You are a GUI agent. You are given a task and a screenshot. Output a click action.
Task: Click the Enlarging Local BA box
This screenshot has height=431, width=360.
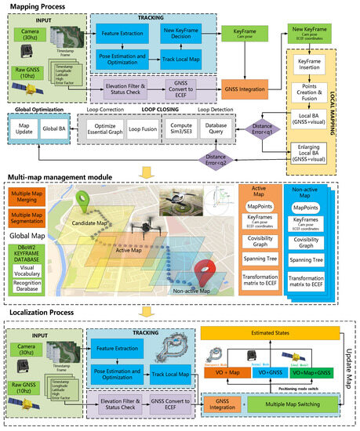312,150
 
